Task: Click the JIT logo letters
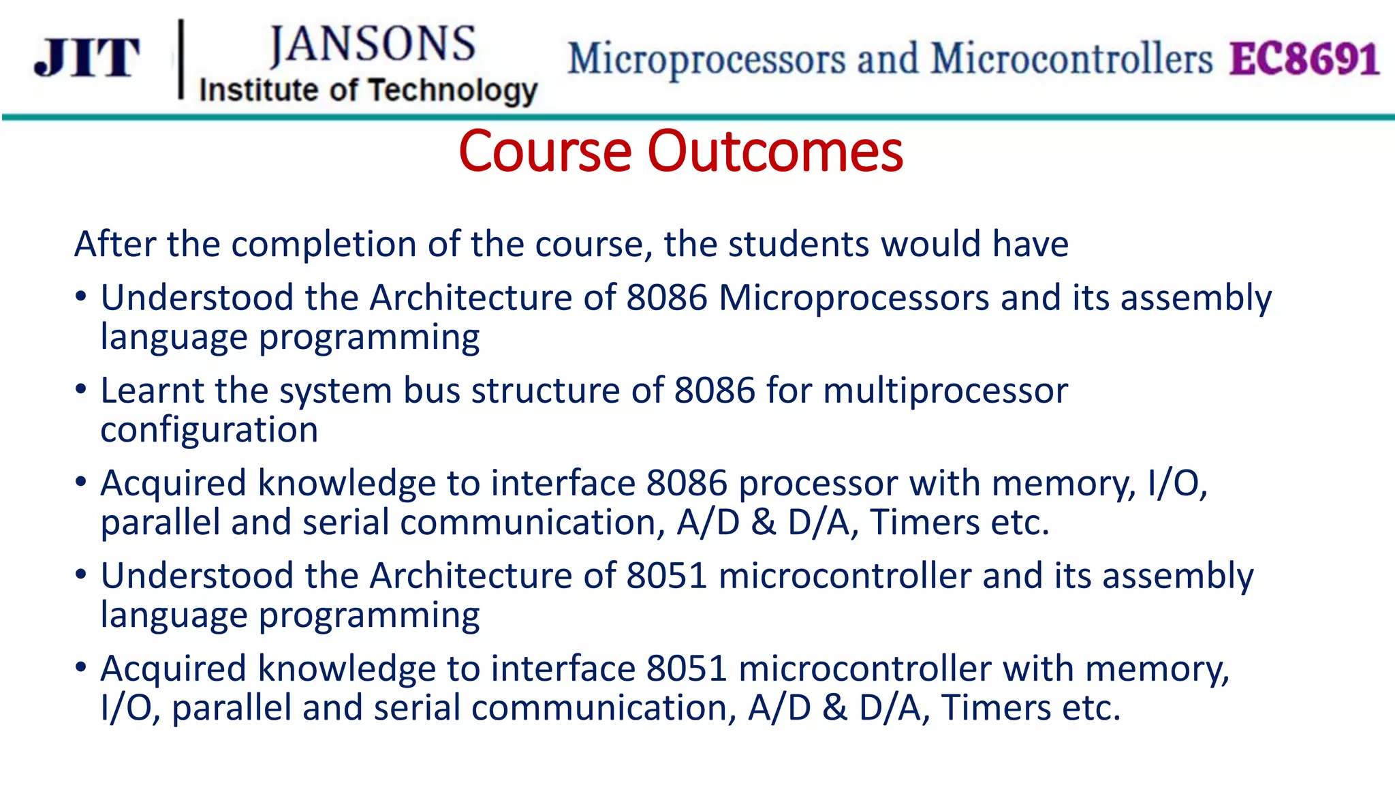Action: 87,58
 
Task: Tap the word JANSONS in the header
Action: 372,45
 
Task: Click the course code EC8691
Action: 1304,59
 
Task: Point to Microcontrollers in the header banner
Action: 1071,59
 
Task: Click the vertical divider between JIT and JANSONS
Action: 181,59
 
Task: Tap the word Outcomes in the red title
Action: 775,151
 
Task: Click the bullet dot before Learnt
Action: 81,390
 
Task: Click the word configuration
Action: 209,431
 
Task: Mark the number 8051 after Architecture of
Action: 667,576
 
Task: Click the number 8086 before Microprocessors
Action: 667,298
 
